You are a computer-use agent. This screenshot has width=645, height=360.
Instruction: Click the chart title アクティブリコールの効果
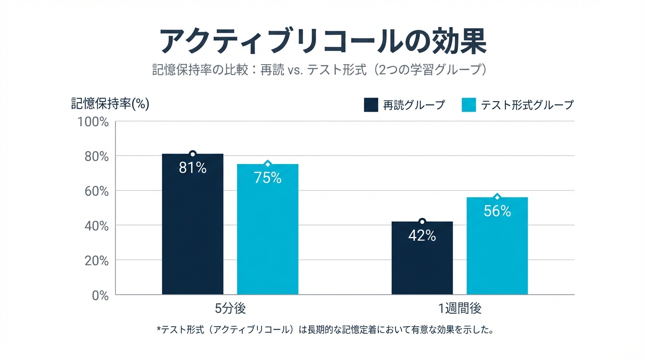pos(322,42)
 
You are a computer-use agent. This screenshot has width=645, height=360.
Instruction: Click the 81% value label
pos(193,168)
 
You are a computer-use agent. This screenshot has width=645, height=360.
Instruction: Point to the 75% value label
pos(268,178)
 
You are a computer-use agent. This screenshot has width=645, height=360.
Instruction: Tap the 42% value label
pos(422,236)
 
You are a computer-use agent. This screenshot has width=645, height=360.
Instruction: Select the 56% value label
pos(497,211)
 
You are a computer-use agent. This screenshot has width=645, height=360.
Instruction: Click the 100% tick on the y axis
pos(93,122)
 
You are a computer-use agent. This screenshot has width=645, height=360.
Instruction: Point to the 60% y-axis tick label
pos(96,191)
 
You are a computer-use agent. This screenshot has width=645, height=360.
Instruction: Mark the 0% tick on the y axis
pos(99,295)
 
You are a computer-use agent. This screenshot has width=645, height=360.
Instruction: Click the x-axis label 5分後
pos(230,309)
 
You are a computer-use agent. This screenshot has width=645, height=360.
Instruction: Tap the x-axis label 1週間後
pos(460,309)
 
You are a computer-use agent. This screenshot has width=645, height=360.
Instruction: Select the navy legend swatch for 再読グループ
pos(371,105)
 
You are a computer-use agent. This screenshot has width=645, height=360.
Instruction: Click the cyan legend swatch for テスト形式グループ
pos(469,105)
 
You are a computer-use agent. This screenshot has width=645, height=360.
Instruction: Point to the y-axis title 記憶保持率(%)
pos(110,104)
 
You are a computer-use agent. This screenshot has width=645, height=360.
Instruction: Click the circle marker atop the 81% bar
pos(193,154)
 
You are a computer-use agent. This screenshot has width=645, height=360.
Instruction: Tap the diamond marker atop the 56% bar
pos(497,197)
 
